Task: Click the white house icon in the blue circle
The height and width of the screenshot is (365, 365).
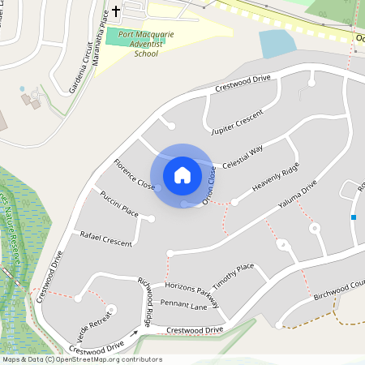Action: tap(182, 174)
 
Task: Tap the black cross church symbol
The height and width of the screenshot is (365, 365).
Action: tap(116, 11)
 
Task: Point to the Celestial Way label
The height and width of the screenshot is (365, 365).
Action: tap(243, 157)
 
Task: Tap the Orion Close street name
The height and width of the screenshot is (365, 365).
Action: tap(209, 184)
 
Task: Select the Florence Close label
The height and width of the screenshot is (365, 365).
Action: tap(135, 174)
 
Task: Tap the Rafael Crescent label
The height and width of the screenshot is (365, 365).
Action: tap(105, 239)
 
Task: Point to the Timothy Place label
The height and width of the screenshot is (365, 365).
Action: tap(234, 277)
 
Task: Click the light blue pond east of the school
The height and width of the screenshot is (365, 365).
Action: tap(277, 43)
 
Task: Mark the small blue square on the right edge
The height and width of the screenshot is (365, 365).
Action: tap(354, 217)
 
